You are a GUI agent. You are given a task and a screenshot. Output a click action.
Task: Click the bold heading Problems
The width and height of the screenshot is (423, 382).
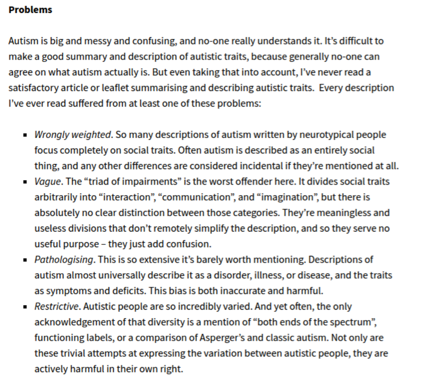[x=30, y=10]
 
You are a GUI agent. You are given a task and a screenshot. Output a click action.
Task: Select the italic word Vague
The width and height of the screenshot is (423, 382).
[x=48, y=182]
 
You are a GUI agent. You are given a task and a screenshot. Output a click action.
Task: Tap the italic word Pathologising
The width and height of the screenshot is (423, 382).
[x=64, y=260]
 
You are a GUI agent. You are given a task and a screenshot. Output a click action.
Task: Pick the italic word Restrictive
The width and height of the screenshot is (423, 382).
[x=56, y=307]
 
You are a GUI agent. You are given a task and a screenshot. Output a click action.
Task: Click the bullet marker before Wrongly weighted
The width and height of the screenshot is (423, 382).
[x=25, y=135]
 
